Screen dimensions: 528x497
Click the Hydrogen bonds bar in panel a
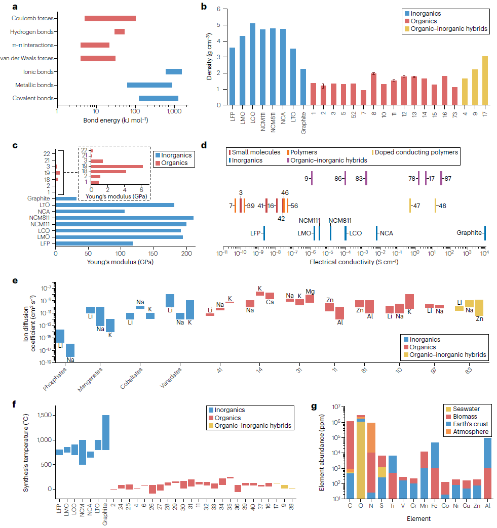coord(120,32)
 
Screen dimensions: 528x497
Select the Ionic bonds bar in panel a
coord(174,71)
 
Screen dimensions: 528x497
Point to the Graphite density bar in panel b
coord(303,87)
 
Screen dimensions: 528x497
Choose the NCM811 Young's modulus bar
coord(124,218)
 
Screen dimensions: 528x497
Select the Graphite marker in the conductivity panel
coord(485,233)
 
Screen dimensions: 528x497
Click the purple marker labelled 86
coord(345,178)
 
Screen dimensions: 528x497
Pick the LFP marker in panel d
coord(264,233)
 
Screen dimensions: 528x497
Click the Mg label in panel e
coord(310,292)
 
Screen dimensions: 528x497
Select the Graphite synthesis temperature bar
coord(106,432)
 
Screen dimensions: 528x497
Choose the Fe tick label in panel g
coord(435,505)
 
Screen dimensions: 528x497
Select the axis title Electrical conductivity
coord(354,262)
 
